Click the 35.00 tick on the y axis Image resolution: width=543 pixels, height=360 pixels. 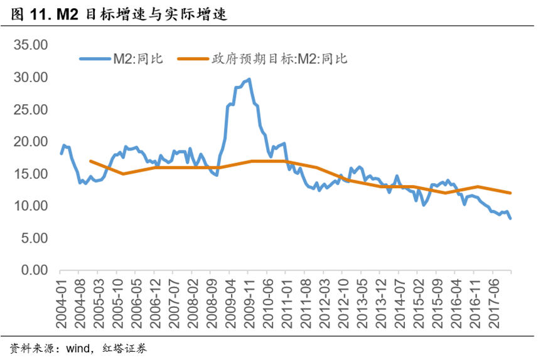click(31, 45)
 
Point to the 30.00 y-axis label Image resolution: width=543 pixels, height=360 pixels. click(31, 77)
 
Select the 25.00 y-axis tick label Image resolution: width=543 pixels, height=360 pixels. click(31, 110)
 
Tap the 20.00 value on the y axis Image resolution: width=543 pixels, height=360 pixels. click(31, 142)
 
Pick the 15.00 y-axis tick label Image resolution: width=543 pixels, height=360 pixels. click(31, 174)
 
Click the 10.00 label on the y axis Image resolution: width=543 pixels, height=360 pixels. click(31, 206)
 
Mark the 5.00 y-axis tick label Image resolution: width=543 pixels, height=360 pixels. click(34, 238)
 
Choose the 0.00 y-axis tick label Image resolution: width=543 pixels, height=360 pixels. click(34, 270)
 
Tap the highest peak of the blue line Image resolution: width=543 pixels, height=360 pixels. click(249, 79)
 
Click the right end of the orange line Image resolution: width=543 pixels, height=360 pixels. click(510, 193)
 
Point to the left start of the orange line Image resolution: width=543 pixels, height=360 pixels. click(90, 161)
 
